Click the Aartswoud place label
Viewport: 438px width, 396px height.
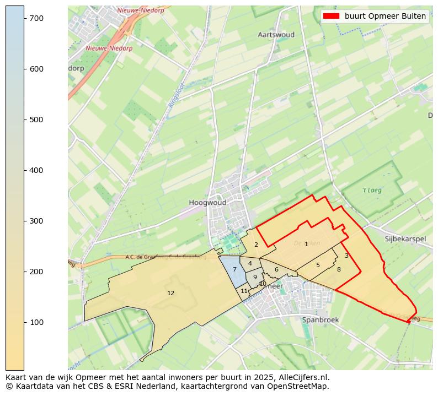[276, 35]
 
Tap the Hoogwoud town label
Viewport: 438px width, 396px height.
[207, 203]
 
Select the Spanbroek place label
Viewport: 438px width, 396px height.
[320, 319]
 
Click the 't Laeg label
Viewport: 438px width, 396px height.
[372, 191]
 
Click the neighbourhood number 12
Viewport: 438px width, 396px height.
[170, 293]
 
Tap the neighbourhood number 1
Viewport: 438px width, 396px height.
[306, 244]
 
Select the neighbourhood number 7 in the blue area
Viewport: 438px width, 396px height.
[234, 269]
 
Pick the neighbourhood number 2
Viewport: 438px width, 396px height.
[256, 245]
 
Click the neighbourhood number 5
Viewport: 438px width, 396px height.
[318, 265]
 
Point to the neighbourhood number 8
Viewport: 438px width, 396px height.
[339, 269]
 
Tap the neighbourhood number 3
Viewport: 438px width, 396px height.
[346, 256]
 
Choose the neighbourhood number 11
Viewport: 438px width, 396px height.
[244, 291]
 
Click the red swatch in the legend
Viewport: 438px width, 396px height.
[331, 16]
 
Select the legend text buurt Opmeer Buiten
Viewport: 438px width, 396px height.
[385, 16]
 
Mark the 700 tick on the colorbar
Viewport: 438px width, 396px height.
[37, 18]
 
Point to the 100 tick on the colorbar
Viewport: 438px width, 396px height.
[37, 322]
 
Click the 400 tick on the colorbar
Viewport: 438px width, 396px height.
[37, 170]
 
